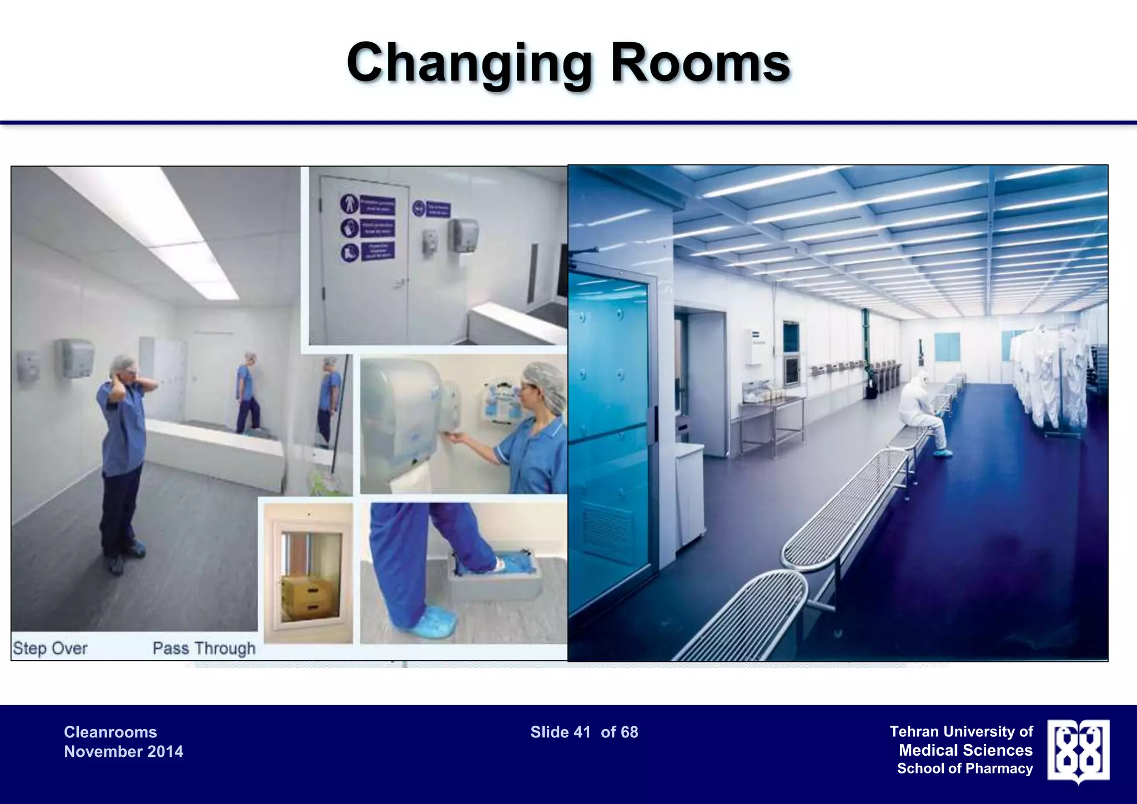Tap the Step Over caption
pos(50,648)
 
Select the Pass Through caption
pos(204,648)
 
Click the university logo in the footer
pos(1078,751)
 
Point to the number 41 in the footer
pos(582,732)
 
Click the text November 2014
pos(123,752)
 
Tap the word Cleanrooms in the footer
pos(110,732)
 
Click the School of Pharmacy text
pos(965,768)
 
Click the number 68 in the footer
pos(628,732)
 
